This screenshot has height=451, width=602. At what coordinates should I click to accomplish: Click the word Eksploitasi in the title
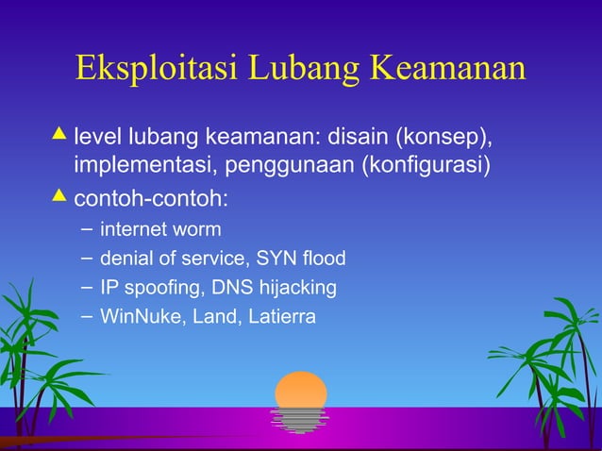coord(157,69)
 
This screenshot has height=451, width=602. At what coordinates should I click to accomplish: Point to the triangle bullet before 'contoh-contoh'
coord(60,195)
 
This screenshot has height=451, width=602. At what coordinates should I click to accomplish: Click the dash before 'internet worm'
coord(87,228)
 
